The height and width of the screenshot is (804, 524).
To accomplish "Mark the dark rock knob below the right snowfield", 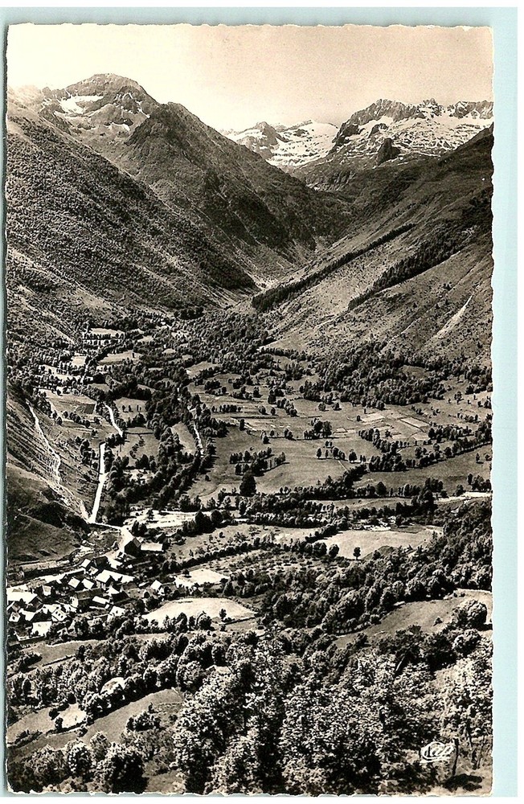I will click(387, 150).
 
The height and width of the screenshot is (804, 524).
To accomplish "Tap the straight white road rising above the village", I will click(99, 482).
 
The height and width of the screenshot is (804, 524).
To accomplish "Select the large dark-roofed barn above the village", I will click(131, 546).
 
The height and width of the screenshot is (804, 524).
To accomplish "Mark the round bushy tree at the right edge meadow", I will click(472, 613).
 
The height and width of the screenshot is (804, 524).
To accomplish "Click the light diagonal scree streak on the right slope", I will click(456, 316).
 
